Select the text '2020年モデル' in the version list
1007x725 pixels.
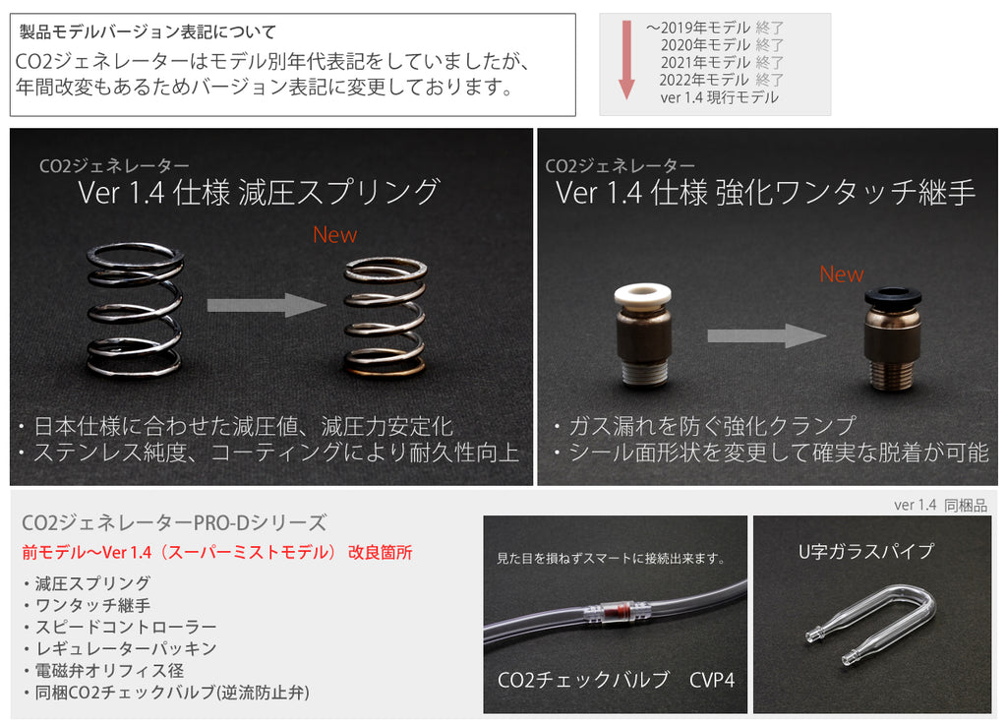point(705,44)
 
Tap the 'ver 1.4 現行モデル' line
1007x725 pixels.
point(719,97)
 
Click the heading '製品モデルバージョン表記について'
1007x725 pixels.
point(148,32)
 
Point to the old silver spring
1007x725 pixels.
point(135,310)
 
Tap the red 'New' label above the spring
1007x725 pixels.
point(335,235)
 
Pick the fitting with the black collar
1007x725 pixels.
point(892,338)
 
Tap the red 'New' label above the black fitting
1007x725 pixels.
point(841,275)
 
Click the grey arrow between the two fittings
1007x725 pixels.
point(766,336)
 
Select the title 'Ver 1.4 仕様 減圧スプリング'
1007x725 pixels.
point(259,192)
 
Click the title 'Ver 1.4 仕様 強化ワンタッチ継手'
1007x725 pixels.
point(765,192)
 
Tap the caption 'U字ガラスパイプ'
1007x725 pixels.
point(865,552)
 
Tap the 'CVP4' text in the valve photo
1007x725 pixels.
point(712,680)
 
